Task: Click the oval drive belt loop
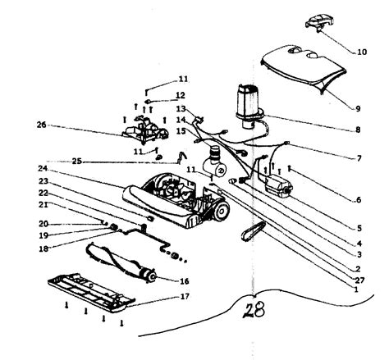pyautogui.click(x=251, y=235)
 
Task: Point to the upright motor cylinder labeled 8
pyautogui.click(x=247, y=102)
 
